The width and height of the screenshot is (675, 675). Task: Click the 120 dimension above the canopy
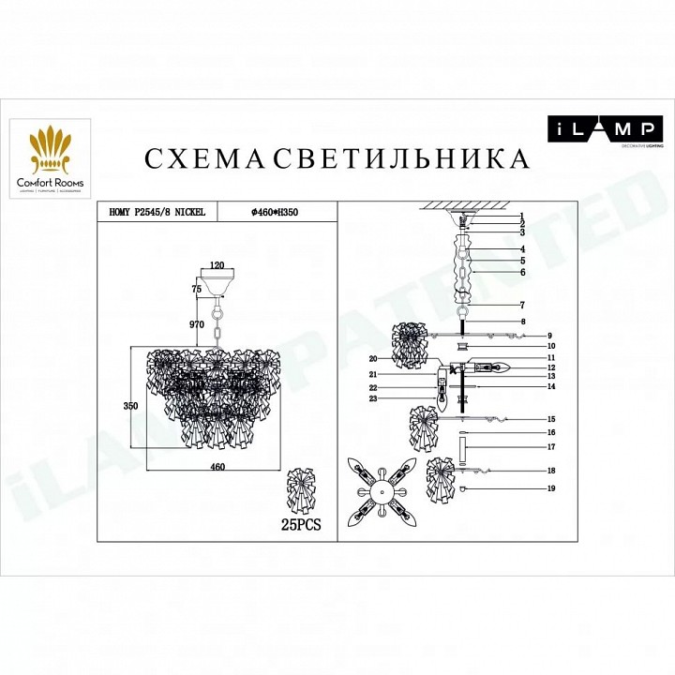click(x=217, y=266)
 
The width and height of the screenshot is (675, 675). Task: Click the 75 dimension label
click(x=197, y=291)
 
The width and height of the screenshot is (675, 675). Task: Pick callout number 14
click(x=552, y=386)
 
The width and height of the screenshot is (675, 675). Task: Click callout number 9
click(x=552, y=335)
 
